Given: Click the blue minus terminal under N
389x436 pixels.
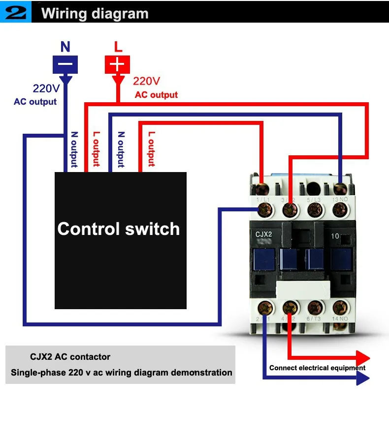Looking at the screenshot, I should click(65, 64).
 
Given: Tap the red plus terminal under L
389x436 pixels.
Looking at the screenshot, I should click(117, 64).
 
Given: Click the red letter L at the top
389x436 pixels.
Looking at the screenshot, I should click(118, 47).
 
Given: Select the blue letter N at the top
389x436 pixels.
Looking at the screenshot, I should click(65, 47).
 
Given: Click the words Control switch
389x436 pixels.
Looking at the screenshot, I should click(118, 229).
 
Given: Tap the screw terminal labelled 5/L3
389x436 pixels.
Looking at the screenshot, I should click(315, 210).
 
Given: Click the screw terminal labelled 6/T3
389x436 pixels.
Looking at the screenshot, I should click(315, 308).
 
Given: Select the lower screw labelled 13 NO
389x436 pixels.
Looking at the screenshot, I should click(340, 210).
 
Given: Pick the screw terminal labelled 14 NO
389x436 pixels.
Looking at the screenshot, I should click(340, 308).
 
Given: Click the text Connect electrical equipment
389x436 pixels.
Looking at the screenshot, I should click(317, 368).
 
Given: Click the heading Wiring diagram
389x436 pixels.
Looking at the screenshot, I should click(95, 13).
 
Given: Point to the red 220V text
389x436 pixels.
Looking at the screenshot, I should click(147, 81).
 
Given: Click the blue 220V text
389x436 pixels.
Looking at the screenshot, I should click(46, 89).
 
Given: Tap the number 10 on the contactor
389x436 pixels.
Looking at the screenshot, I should click(335, 236).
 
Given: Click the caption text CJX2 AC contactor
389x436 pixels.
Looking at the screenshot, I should click(70, 357).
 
